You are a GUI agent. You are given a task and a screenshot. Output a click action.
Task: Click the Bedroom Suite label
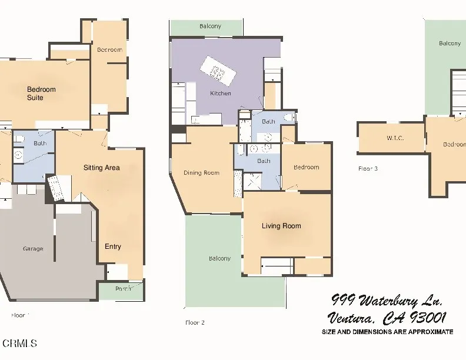click(x=41, y=94)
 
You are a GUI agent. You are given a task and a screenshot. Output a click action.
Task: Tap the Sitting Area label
click(x=101, y=168)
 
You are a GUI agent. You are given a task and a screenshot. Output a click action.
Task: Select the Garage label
click(x=33, y=249)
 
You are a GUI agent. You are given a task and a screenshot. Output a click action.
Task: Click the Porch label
click(x=123, y=288)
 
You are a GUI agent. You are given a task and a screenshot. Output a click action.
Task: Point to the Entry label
click(x=113, y=246)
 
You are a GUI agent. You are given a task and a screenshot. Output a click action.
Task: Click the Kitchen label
click(x=221, y=94)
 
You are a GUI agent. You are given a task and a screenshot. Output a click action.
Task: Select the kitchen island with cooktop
click(x=217, y=72)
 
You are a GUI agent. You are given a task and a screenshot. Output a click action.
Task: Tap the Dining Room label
click(x=201, y=173)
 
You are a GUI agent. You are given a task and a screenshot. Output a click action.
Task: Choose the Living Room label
click(x=281, y=226)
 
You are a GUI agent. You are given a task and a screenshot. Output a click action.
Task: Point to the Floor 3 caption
click(x=368, y=169)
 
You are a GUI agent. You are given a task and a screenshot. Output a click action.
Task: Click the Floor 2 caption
click(x=195, y=322)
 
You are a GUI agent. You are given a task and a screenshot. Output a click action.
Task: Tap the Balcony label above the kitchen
click(x=210, y=26)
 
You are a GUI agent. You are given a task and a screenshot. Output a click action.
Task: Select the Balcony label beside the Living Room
click(x=219, y=259)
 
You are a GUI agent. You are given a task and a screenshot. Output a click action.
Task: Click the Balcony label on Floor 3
click(x=450, y=44)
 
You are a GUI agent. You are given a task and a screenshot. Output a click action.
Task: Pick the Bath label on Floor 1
click(x=40, y=143)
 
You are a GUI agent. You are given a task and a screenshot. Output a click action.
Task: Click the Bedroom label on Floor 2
click(x=306, y=167)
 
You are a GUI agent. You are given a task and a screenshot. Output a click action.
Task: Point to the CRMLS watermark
click(x=20, y=343)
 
